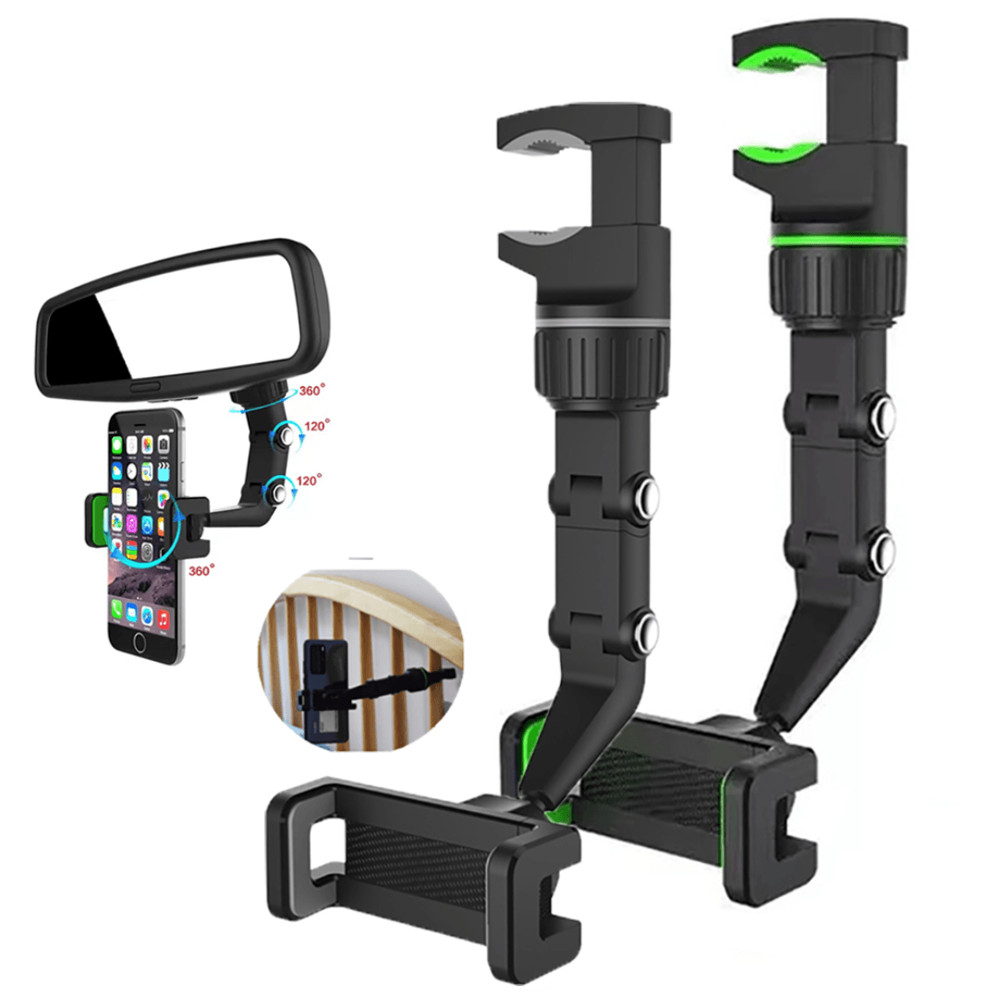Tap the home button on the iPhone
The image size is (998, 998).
pos(140,643)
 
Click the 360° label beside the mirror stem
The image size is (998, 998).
pos(312,390)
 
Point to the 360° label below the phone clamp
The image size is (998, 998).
pos(201,570)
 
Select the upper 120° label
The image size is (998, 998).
pos(317,425)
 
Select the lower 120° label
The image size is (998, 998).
pos(309,480)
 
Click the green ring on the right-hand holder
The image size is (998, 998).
pos(837,240)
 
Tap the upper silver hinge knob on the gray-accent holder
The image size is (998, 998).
pos(646,495)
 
